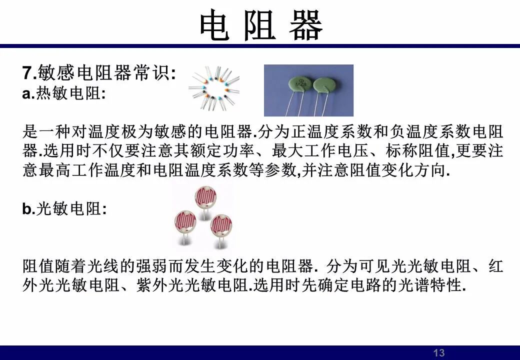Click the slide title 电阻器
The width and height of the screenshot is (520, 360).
260,24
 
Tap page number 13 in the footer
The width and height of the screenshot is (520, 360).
439,352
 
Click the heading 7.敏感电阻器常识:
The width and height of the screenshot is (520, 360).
99,72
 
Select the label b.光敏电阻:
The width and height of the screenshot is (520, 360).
64,208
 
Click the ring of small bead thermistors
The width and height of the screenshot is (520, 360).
214,88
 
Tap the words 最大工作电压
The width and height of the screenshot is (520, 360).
320,150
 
